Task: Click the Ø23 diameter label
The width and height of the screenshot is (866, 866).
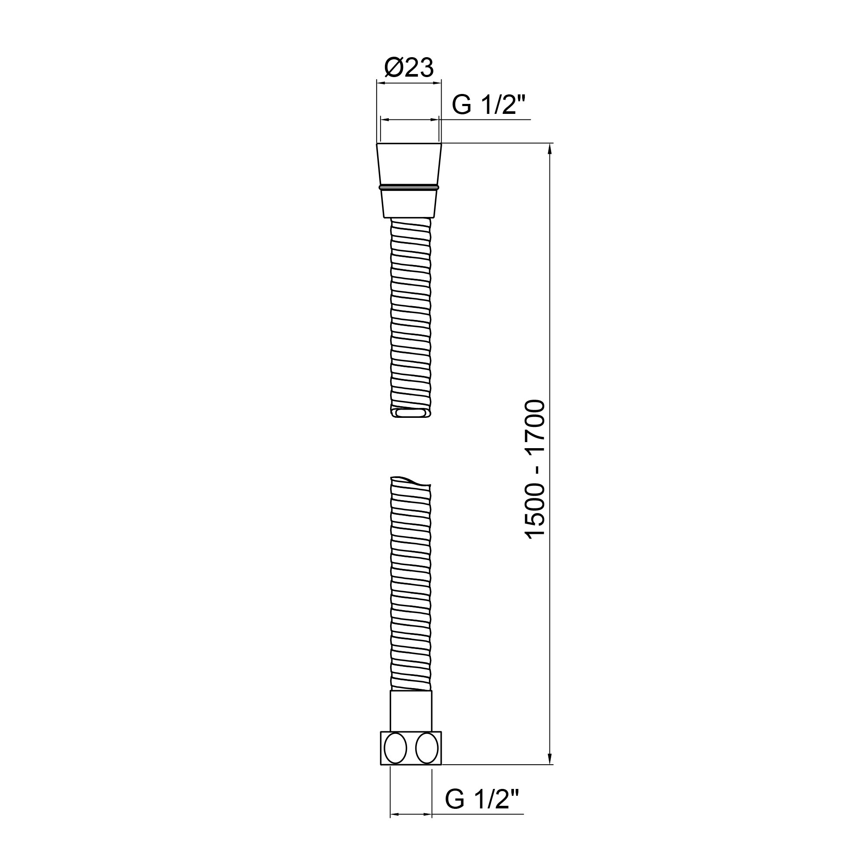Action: (x=409, y=68)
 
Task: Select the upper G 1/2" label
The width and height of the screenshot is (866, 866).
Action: (x=488, y=105)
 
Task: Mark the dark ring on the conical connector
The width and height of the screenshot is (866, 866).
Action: (x=409, y=187)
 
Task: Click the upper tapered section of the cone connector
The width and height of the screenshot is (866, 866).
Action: (x=409, y=164)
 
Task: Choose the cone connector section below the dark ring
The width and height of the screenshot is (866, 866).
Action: (x=409, y=204)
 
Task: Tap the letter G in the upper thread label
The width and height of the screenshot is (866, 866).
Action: (x=462, y=105)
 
